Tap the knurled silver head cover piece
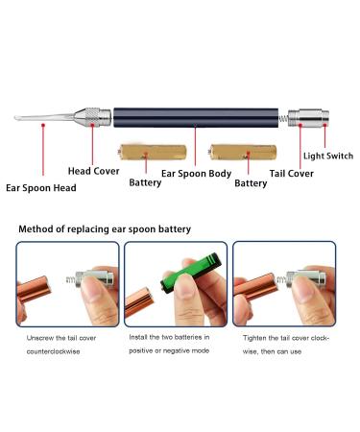point(93,118)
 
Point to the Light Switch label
point(327,155)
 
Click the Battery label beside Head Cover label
point(145,181)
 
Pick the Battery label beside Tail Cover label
point(251,182)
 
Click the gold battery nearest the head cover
point(144,152)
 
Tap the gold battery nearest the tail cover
point(236,152)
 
